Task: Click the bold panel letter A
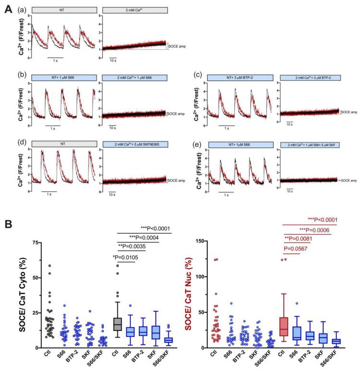click(x=6, y=6)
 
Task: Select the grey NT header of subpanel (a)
click(x=59, y=10)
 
